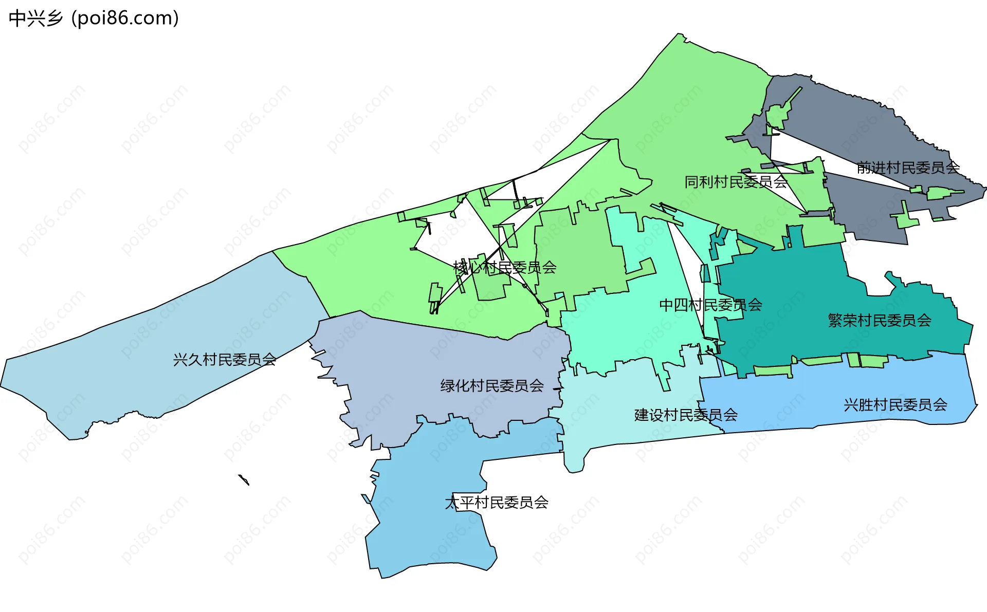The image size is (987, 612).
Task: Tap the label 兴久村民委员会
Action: (225, 360)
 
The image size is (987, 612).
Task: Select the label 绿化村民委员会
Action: (492, 386)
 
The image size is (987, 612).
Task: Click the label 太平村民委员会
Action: (497, 503)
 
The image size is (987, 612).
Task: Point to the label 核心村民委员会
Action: (505, 267)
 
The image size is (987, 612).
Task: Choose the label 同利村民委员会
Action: (736, 182)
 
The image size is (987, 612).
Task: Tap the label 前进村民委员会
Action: (908, 168)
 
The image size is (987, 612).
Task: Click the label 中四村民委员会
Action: (710, 305)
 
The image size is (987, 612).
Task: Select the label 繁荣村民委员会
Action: (879, 321)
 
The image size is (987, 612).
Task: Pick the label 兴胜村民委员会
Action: (895, 405)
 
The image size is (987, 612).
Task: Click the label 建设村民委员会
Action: (686, 415)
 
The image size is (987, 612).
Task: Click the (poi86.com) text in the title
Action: (125, 18)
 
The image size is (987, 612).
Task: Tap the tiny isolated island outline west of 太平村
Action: (244, 480)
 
